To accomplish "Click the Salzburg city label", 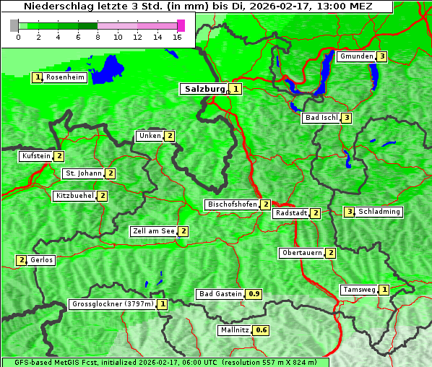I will pos(204,89).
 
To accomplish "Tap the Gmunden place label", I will pos(356,56).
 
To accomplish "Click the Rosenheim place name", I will pos(64,77).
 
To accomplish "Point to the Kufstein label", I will pos(36,156).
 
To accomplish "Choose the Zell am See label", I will pos(154,231).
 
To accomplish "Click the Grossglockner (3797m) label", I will pos(113,304).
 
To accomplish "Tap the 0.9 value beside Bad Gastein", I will pos(254,294).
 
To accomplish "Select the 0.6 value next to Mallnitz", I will pos(261,330).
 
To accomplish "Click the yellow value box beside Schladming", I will pos(349,212).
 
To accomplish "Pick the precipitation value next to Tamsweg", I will pos(384,290).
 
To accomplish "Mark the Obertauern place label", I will pos(302,253).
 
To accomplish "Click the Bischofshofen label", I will pos(232,205).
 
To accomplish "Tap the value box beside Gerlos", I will pos(22,260).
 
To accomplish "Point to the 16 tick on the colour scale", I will pos(178,36).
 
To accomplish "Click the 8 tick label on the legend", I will pos(98,36).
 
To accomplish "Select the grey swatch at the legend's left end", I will pos(14,25).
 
